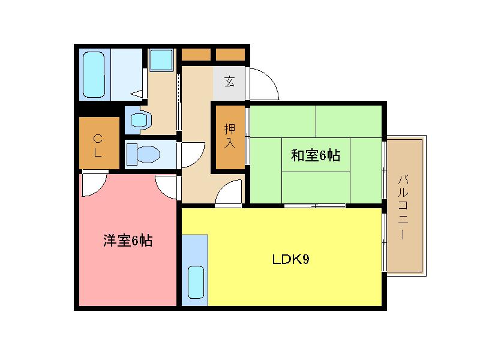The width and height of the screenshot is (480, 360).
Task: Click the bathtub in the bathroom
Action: [94, 74]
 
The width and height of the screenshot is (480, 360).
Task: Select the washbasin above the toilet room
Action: [139, 119]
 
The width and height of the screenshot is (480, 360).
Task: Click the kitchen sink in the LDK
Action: [196, 281]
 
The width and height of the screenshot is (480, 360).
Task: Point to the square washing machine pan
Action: [160, 60]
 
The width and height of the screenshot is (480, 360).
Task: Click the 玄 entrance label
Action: [229, 82]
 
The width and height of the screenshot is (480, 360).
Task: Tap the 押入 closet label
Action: [230, 136]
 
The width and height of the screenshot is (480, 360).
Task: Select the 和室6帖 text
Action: [316, 156]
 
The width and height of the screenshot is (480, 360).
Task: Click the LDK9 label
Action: [290, 260]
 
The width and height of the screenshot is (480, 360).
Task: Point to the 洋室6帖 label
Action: [127, 241]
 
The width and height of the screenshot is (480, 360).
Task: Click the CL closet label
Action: [98, 146]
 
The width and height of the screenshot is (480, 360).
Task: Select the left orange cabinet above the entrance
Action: [196, 55]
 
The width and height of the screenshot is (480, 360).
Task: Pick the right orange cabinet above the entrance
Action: [230, 55]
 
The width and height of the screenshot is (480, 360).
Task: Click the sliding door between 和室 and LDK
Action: [314, 206]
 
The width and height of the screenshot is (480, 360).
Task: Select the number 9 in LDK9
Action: [305, 260]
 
